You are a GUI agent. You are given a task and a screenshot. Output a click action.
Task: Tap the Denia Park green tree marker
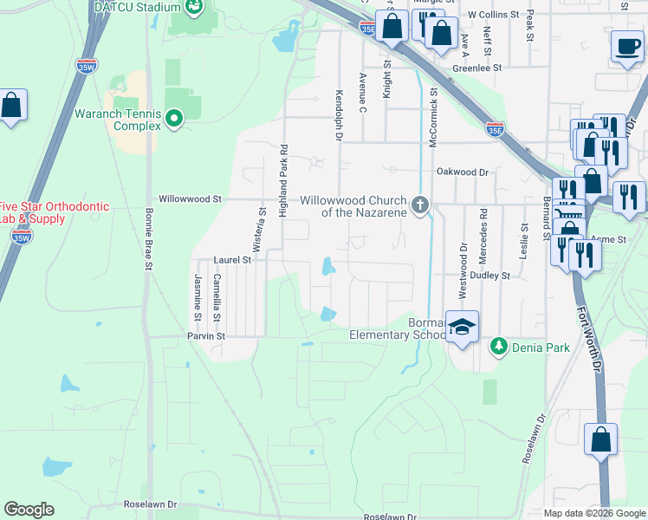(x=498, y=347)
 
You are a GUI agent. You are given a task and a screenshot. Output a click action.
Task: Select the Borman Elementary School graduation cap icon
(x=463, y=328)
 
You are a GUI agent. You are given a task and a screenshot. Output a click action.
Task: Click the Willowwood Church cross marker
(x=420, y=205)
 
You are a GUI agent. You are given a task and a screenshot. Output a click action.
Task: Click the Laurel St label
(x=232, y=259)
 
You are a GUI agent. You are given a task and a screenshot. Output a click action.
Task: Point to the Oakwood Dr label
(x=463, y=172)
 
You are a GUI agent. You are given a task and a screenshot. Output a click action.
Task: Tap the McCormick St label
(x=433, y=108)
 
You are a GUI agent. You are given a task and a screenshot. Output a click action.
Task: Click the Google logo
(x=29, y=510)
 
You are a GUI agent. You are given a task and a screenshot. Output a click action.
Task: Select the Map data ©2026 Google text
(x=594, y=513)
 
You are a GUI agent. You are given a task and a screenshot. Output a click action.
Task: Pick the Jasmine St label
(x=198, y=291)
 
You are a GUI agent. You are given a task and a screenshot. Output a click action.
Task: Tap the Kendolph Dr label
(x=337, y=114)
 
